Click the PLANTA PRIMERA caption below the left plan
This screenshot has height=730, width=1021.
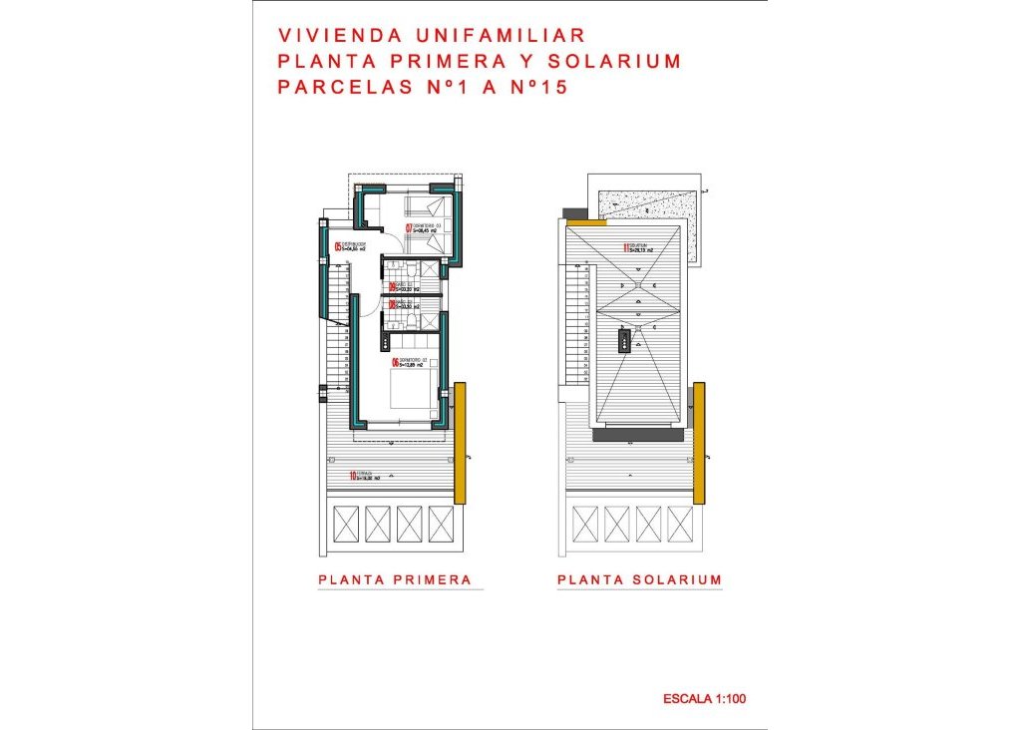click(394, 579)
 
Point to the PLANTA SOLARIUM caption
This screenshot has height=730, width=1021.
click(639, 579)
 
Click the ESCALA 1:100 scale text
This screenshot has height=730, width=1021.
click(704, 699)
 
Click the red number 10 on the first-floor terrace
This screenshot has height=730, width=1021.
click(354, 476)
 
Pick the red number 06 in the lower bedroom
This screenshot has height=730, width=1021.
click(395, 363)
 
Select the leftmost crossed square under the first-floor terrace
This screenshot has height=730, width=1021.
click(344, 524)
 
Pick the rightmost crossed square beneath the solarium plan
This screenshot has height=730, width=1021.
click(679, 524)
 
